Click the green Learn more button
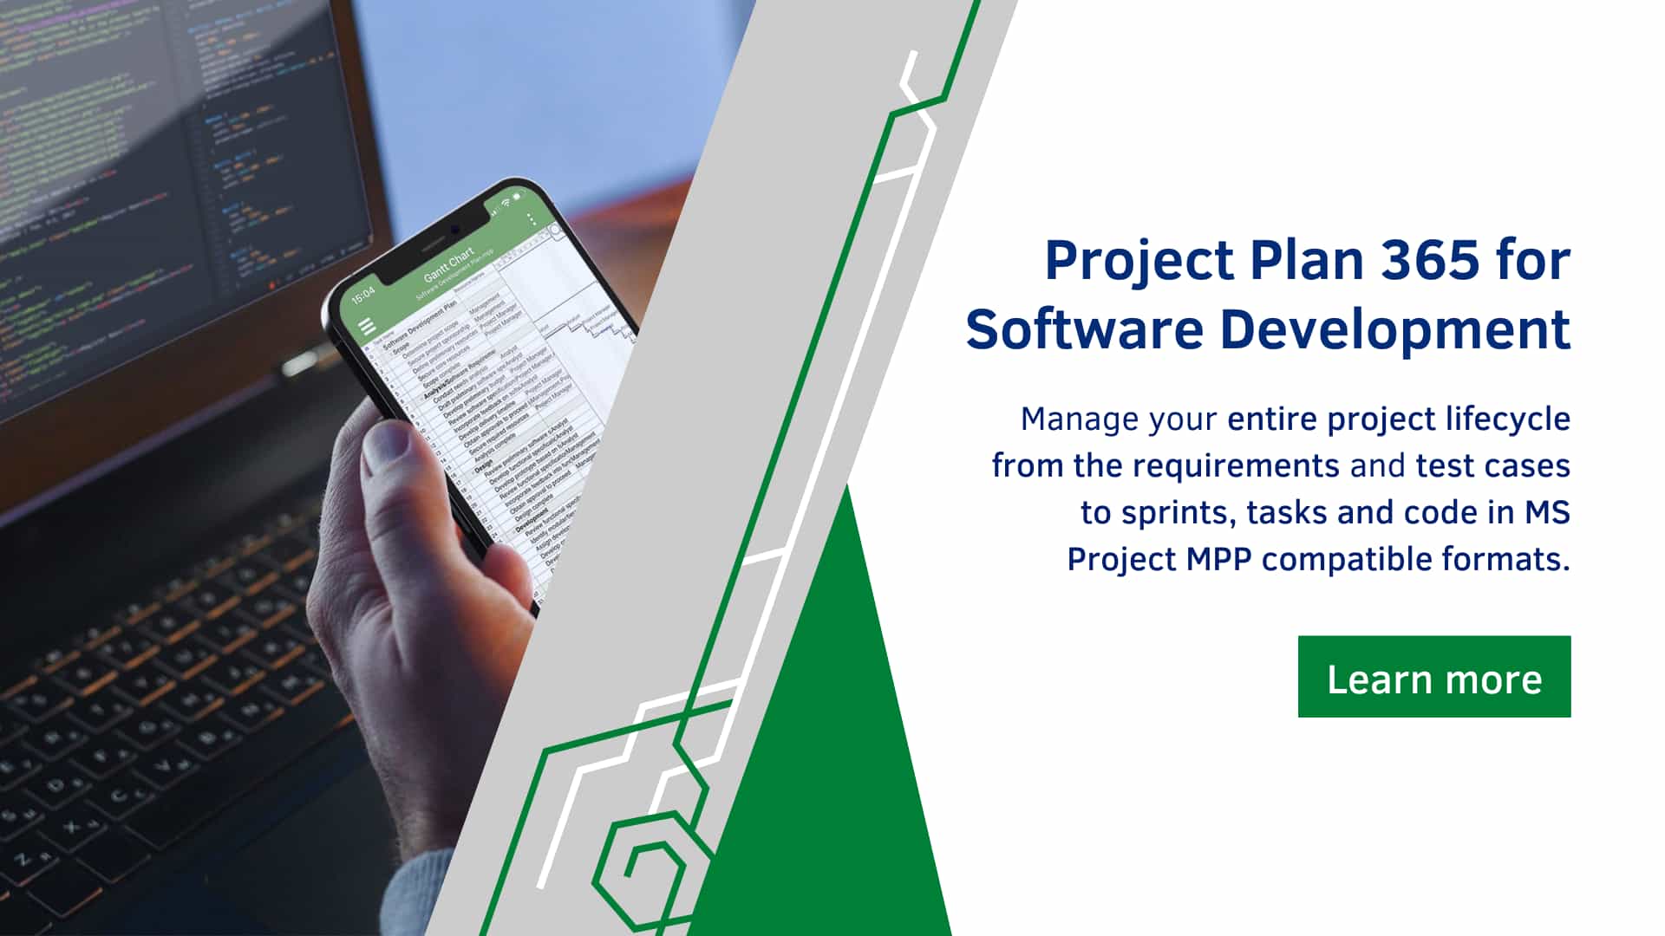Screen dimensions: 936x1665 coord(1433,677)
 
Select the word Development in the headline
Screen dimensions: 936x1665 coord(1395,329)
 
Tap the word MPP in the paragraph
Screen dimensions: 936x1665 coord(1219,559)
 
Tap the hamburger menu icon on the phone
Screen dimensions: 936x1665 coord(367,327)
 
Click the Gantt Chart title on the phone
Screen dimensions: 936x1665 coord(448,263)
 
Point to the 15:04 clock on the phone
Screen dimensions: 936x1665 coord(363,295)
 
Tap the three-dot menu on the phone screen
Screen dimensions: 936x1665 coord(532,219)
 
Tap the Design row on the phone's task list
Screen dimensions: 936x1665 coord(483,469)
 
